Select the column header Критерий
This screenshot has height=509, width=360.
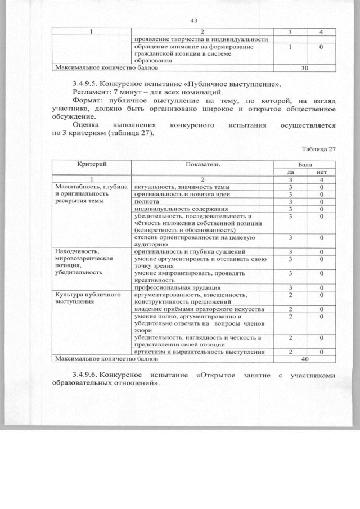click(92, 164)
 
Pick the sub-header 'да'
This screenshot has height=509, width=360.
click(290, 171)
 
